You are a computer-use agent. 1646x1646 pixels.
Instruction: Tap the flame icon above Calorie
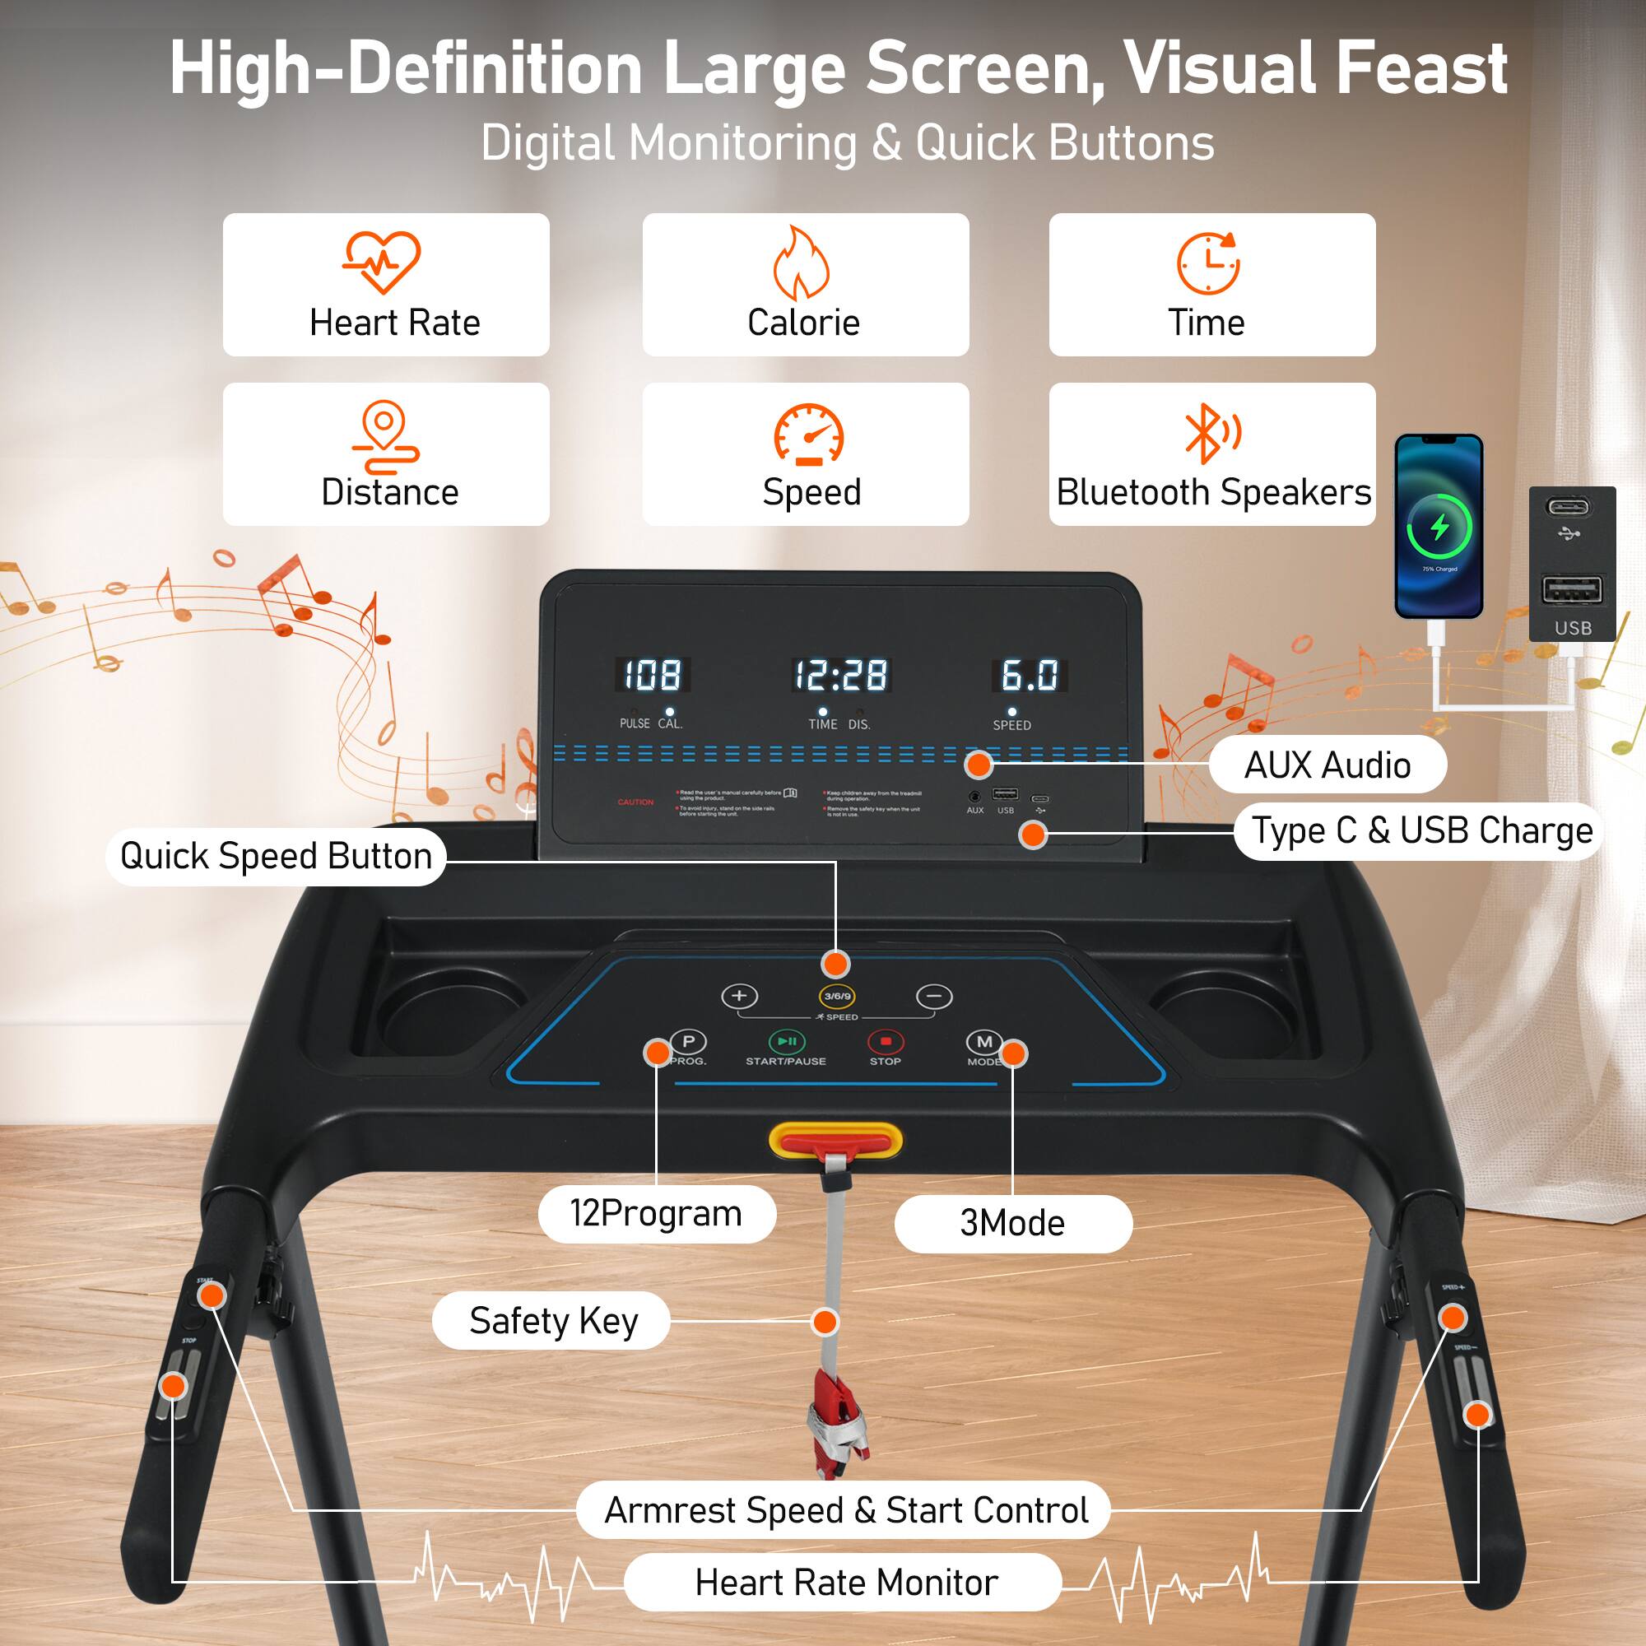pos(801,263)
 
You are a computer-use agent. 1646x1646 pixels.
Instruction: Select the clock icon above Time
pos(1208,263)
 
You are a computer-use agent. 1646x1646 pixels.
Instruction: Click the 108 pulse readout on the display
pos(653,676)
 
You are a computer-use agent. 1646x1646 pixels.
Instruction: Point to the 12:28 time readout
pos(841,676)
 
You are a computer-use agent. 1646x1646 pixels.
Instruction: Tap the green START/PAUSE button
pos(786,1042)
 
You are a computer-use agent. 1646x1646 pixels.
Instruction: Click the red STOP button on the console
pos(886,1042)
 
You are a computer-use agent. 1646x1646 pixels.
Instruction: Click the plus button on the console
pos(739,996)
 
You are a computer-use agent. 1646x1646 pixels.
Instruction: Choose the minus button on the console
pos(934,996)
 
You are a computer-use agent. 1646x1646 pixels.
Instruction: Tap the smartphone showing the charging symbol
pos(1439,527)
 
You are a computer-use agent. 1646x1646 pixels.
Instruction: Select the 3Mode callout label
pos(1013,1224)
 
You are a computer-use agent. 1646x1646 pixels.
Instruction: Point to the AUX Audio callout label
pos(1327,765)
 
